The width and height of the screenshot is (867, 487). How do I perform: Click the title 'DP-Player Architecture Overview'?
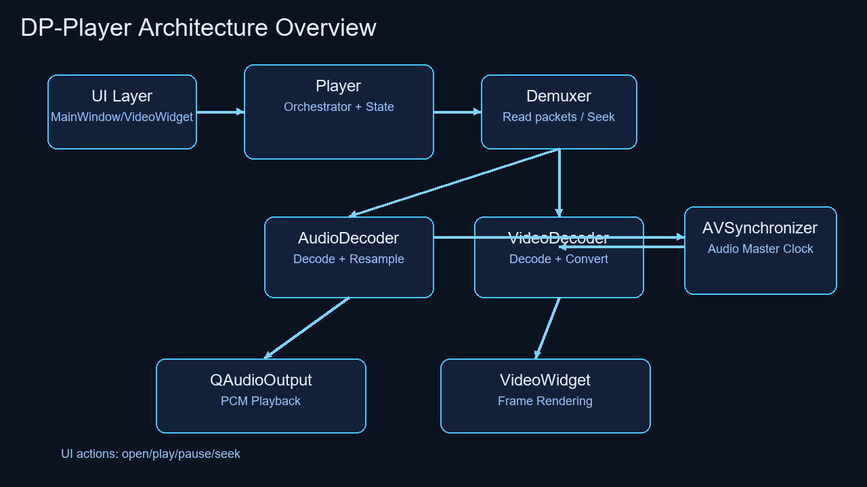[198, 28]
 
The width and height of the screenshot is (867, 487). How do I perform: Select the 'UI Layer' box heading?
[122, 96]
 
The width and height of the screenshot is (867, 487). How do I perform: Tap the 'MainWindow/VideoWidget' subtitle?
[122, 117]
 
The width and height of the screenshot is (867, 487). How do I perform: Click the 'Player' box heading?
[338, 86]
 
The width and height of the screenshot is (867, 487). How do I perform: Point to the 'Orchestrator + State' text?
[339, 107]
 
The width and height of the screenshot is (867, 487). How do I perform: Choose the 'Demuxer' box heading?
[559, 96]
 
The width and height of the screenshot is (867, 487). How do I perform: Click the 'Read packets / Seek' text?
[559, 117]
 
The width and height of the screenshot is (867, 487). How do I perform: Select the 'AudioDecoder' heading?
[348, 238]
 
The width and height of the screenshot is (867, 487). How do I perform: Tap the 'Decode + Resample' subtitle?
[348, 259]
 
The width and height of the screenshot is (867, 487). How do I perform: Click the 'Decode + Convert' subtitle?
[559, 259]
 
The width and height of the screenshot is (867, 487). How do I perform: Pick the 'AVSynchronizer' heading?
[760, 228]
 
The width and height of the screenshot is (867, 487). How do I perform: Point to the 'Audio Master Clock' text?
[760, 249]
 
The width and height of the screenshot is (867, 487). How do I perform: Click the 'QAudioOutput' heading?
[261, 380]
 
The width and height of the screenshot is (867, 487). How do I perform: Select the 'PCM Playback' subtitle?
[261, 401]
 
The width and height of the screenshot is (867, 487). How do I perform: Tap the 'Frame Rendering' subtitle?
[545, 401]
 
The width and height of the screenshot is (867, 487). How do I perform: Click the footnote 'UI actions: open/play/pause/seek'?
[150, 454]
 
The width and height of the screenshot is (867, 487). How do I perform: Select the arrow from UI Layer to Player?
[220, 112]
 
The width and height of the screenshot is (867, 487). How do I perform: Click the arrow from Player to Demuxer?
[457, 112]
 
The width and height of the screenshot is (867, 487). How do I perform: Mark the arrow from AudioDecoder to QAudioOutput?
[307, 328]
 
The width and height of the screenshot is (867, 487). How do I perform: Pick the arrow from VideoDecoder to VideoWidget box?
[548, 328]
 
